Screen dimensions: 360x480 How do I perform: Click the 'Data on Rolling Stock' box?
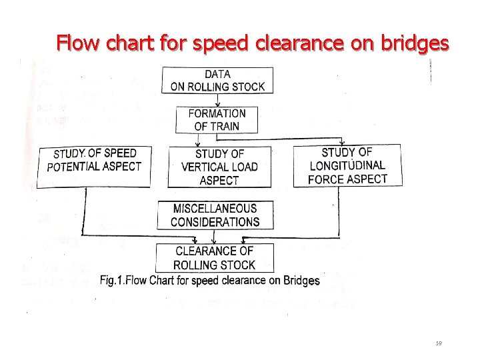217,80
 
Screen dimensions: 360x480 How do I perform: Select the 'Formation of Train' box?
217,120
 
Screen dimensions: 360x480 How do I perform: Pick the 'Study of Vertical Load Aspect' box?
219,167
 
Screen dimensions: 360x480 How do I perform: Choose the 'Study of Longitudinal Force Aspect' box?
347,166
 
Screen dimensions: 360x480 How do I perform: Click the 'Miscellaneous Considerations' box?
215,215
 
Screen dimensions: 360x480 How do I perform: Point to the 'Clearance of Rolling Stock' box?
215,258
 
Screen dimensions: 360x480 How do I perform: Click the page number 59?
439,343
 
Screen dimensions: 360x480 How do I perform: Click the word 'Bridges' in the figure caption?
301,281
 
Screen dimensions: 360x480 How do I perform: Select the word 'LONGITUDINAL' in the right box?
347,165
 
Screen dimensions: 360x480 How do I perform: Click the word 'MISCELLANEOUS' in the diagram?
215,209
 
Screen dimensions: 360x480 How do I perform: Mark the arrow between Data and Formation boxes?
217,100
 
